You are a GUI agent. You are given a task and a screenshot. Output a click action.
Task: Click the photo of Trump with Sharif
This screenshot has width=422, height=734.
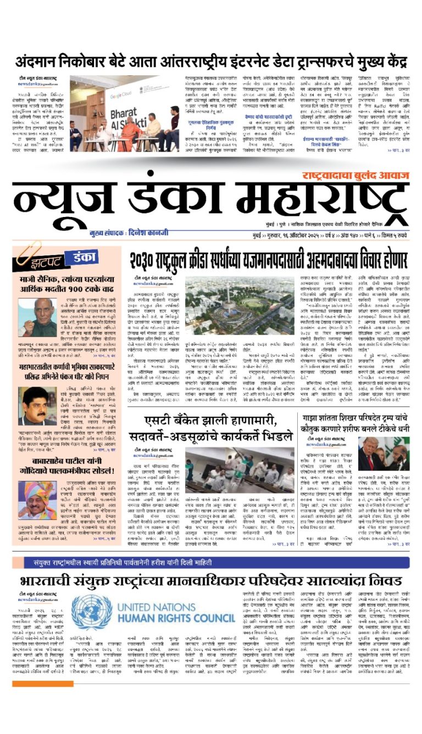(391, 453)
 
